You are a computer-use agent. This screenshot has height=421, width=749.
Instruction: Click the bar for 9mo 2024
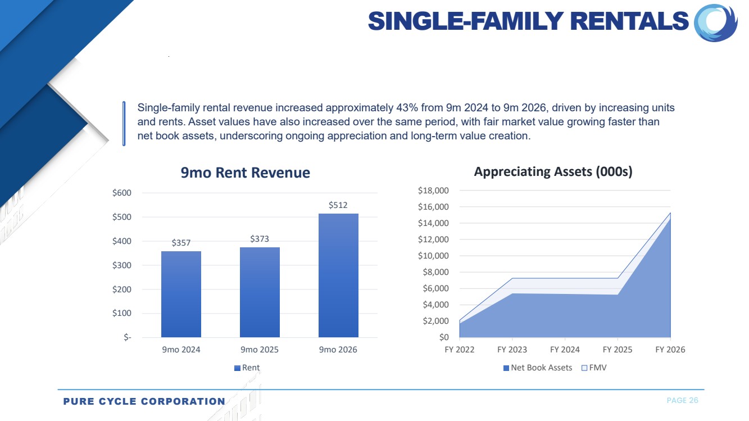click(x=181, y=294)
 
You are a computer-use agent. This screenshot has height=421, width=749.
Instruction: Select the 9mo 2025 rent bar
click(x=260, y=292)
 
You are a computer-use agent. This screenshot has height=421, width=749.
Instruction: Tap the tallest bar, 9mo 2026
click(x=338, y=275)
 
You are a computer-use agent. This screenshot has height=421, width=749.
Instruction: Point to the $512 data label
click(x=338, y=205)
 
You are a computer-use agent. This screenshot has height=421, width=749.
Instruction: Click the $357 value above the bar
click(x=181, y=242)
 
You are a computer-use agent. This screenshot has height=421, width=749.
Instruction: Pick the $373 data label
click(x=260, y=238)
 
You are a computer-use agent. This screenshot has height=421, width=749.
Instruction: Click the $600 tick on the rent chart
click(x=122, y=193)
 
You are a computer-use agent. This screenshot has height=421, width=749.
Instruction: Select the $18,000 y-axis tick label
click(x=433, y=191)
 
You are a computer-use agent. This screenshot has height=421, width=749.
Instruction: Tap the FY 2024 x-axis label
click(x=565, y=350)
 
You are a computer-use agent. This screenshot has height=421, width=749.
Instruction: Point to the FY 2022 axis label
click(x=460, y=350)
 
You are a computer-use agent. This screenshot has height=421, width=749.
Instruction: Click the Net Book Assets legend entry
click(x=538, y=368)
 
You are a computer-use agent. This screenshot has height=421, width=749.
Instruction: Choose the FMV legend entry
click(x=594, y=368)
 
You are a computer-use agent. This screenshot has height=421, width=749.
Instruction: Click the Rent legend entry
click(x=247, y=368)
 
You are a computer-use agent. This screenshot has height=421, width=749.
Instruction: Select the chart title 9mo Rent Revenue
click(x=246, y=173)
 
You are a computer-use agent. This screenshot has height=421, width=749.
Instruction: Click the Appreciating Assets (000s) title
click(x=553, y=171)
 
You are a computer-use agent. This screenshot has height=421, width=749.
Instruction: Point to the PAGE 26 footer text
click(x=683, y=400)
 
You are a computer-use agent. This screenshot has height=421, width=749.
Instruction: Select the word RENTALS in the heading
click(x=629, y=21)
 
